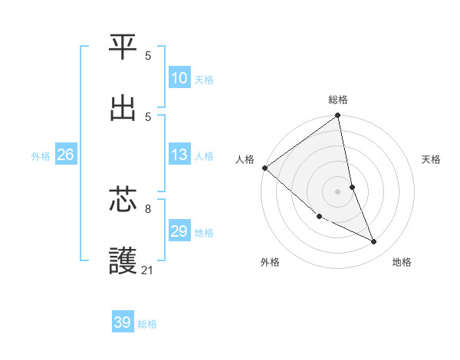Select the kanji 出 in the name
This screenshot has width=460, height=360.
tap(123, 108)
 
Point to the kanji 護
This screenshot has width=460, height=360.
tap(123, 260)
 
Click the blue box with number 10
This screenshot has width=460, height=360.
tap(179, 78)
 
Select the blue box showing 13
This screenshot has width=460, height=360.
tap(179, 155)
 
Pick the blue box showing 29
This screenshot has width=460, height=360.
tap(179, 231)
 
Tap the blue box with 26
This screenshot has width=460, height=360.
tap(66, 155)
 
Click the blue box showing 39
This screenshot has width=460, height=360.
tap(123, 322)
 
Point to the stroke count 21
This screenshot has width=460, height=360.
tap(148, 270)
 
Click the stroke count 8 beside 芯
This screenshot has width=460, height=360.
tap(148, 208)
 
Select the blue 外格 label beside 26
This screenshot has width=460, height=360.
tap(41, 156)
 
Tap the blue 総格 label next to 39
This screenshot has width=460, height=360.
tap(148, 324)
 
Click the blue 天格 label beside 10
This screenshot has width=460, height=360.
tap(204, 80)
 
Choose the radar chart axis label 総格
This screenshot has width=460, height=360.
tap(338, 100)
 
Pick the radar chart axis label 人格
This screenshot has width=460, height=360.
tap(245, 159)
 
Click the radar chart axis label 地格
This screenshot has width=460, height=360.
tap(402, 262)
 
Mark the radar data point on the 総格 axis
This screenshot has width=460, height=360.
tap(338, 116)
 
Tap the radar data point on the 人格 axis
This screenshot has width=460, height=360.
tap(264, 168)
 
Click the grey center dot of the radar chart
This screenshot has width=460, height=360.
tap(338, 191)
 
